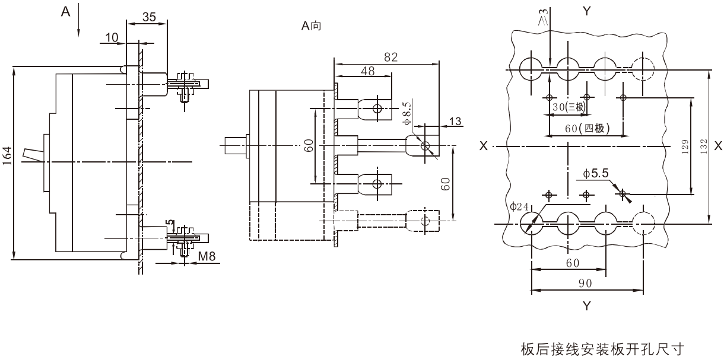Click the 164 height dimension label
7,156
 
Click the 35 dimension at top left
149,17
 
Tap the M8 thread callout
207,256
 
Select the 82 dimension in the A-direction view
390,57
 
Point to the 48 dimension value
368,71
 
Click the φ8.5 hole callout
407,113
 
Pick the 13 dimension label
455,121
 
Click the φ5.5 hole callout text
596,174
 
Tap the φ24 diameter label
519,206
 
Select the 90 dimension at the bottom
585,283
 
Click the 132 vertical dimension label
704,146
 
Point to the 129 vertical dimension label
685,146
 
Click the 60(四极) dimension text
588,128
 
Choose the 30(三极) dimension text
569,107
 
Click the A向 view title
311,26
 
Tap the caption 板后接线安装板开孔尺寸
602,349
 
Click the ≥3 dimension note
544,17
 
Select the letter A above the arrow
66,12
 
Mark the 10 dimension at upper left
112,37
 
